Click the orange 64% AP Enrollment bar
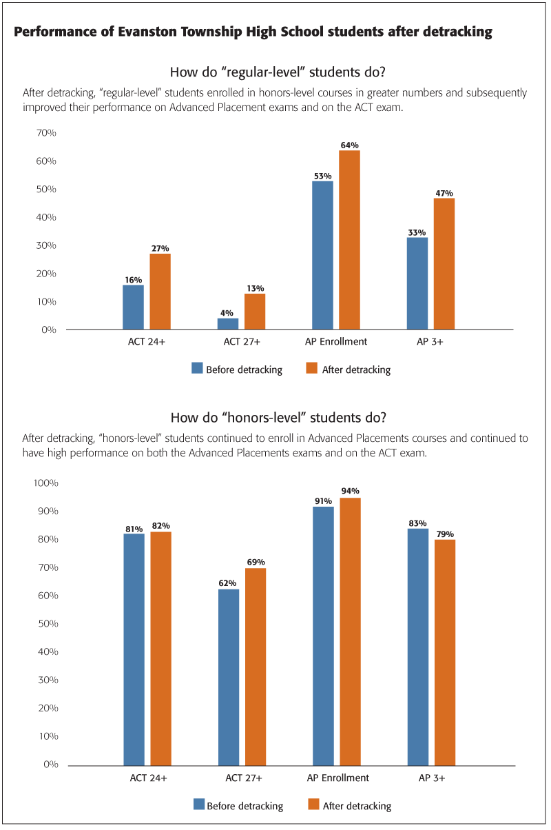(x=349, y=240)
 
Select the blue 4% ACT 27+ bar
(x=228, y=324)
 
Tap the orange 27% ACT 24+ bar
(x=160, y=292)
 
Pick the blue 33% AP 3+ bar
(x=417, y=283)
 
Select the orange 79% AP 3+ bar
(x=444, y=652)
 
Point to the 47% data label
(x=444, y=193)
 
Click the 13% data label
(x=255, y=288)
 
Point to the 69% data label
(x=256, y=562)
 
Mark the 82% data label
(x=161, y=526)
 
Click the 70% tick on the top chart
(x=47, y=132)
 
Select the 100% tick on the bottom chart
(x=45, y=483)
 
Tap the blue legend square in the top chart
(x=197, y=369)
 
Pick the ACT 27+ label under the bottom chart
(x=242, y=778)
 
